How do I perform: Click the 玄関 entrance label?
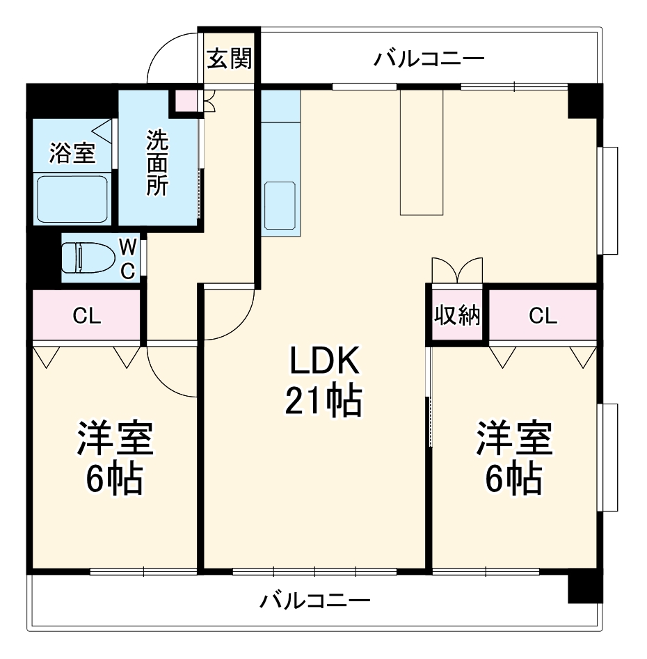pos(228,59)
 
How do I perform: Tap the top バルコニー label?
pos(428,58)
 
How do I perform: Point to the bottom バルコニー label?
pos(315,600)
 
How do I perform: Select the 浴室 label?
pos(72,154)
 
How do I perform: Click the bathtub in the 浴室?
pos(72,199)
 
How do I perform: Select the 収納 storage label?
pos(457,316)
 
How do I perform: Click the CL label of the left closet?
pos(88,317)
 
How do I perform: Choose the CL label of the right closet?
pos(543,317)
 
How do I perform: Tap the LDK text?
pos(323,362)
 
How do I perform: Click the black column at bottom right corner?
pos(584,588)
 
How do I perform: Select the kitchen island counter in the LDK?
pos(422,152)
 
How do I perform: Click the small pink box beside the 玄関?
pos(186,102)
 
